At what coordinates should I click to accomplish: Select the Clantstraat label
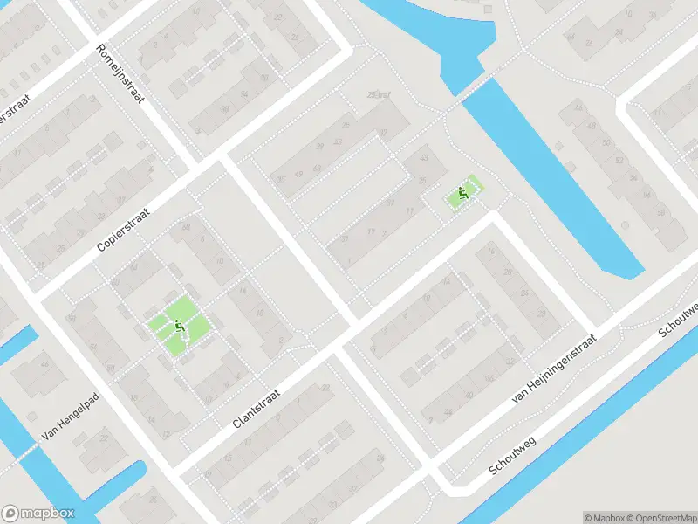256,408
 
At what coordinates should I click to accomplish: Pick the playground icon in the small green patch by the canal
463,194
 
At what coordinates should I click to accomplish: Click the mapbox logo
38,514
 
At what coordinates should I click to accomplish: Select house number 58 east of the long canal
660,212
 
